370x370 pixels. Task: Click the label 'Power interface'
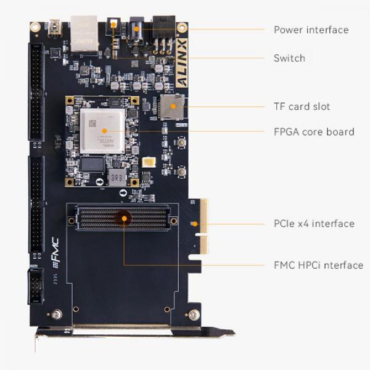311,30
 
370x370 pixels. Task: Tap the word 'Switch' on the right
289,58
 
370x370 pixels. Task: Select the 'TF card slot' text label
302,106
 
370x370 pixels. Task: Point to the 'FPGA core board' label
314,131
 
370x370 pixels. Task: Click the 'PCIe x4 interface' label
314,223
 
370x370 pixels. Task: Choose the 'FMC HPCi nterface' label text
318,265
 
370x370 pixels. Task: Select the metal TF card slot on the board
171,107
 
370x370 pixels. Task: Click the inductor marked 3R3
118,178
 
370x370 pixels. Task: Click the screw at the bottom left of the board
59,315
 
